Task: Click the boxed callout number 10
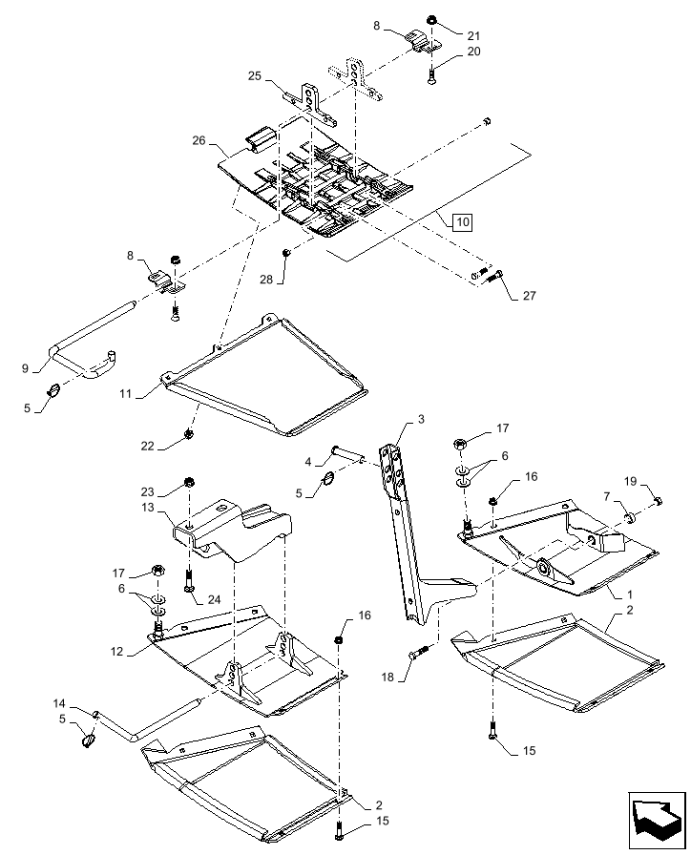462,222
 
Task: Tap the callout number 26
199,139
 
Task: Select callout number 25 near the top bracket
255,75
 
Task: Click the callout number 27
529,296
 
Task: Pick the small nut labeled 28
285,252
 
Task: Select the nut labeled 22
189,435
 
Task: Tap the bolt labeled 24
189,578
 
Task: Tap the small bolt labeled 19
658,501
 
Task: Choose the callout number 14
59,702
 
